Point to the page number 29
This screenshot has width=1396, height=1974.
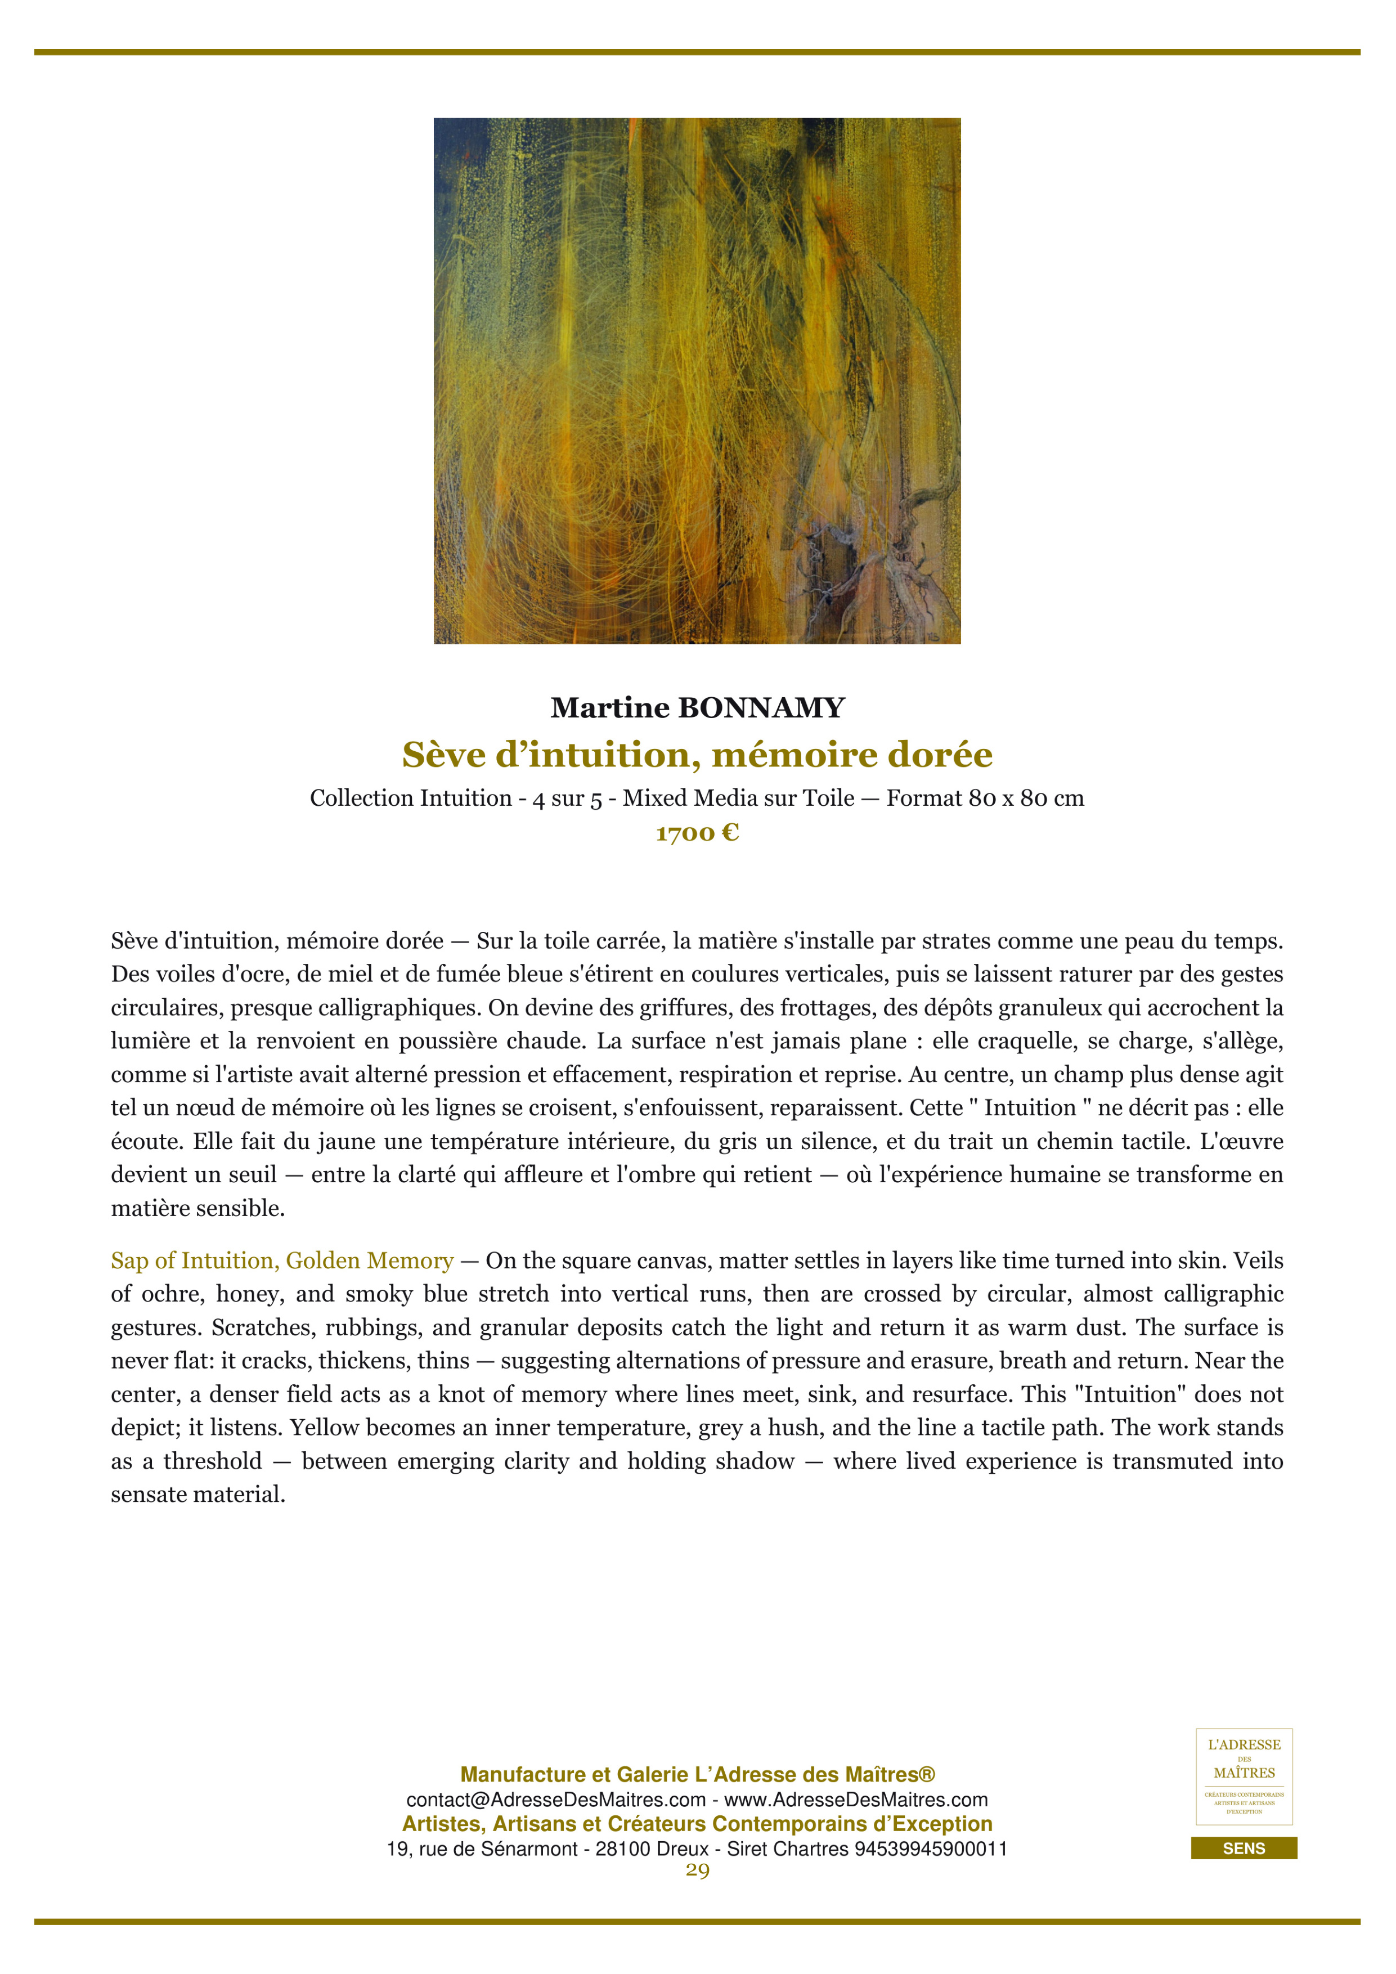pos(697,1871)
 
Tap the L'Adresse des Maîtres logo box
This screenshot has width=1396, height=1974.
pos(1244,1776)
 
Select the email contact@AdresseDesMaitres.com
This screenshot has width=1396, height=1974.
pos(555,1800)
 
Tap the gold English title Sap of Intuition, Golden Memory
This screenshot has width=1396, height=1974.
pos(282,1260)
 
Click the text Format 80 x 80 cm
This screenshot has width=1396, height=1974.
pos(985,798)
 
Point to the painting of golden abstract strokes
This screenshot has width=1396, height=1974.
pos(697,381)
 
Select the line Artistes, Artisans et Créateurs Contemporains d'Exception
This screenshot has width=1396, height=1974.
pos(697,1824)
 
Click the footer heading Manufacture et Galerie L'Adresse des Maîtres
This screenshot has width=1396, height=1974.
pos(697,1775)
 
